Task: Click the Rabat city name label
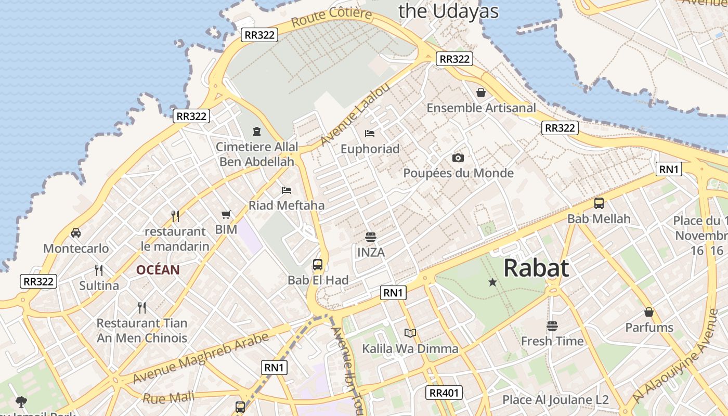536,268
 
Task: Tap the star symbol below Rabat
492,282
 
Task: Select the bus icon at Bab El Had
318,265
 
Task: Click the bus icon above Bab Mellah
599,203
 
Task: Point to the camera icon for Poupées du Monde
458,158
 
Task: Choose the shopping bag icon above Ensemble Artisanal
481,93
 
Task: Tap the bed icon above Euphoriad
370,134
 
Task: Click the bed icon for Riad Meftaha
287,190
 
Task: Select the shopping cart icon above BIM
226,214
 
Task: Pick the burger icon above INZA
371,237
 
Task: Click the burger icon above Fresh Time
552,326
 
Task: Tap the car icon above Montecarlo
76,233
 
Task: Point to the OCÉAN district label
158,270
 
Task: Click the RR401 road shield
444,393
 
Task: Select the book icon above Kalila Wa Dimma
410,333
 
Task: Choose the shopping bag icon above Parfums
649,312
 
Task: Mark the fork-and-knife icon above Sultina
99,270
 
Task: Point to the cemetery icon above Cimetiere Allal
256,132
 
